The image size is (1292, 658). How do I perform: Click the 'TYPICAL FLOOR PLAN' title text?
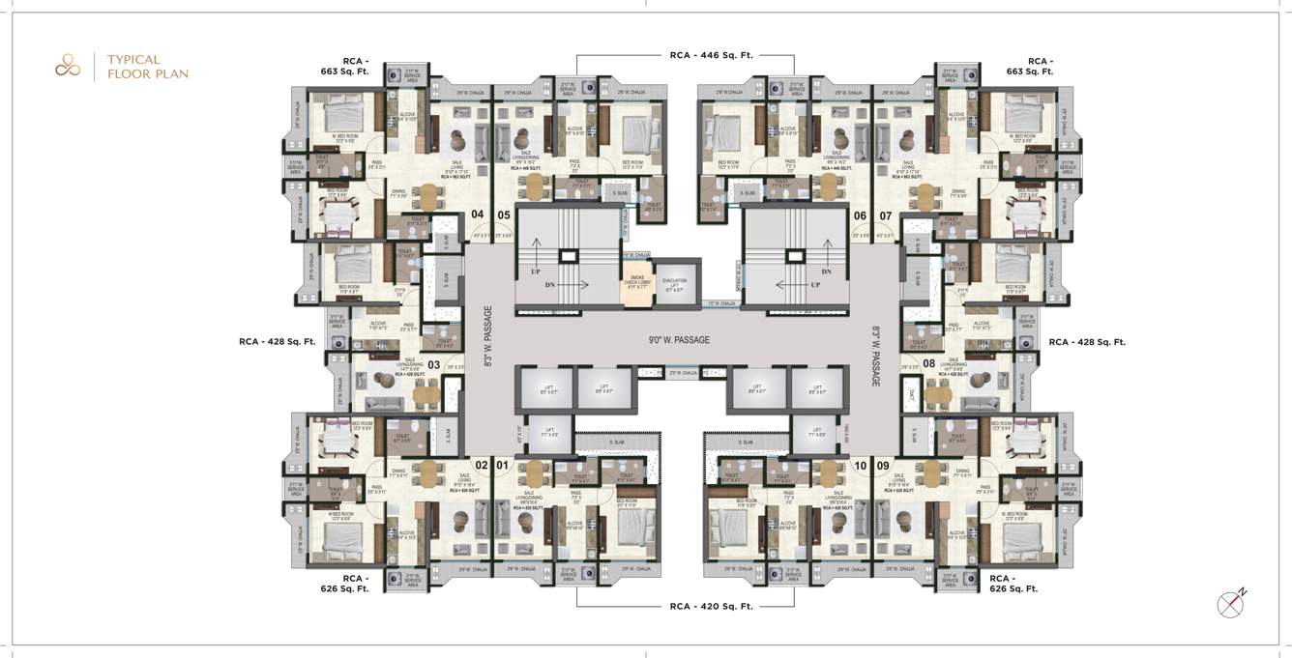pyautogui.click(x=147, y=66)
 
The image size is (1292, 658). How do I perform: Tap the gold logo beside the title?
pyautogui.click(x=67, y=66)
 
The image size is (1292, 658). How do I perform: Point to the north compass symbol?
pyautogui.click(x=1231, y=603)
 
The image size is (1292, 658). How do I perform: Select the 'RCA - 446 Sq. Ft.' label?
pyautogui.click(x=711, y=55)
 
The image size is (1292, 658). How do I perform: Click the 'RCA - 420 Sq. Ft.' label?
pyautogui.click(x=711, y=607)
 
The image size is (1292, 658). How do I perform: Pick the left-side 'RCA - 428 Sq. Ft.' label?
pyautogui.click(x=278, y=341)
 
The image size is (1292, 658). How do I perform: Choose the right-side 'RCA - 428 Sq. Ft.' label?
pyautogui.click(x=1087, y=341)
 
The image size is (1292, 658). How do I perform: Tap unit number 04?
pyautogui.click(x=477, y=215)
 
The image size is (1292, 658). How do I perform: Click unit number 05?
pyautogui.click(x=504, y=215)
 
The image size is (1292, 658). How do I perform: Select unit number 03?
pyautogui.click(x=434, y=365)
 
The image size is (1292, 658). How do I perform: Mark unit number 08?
pyautogui.click(x=928, y=364)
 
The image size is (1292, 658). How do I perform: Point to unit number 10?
pyautogui.click(x=860, y=465)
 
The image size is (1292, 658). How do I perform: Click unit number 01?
pyautogui.click(x=502, y=465)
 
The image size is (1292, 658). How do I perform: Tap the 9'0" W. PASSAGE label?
pyautogui.click(x=679, y=340)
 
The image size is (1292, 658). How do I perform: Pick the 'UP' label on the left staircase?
pyautogui.click(x=535, y=272)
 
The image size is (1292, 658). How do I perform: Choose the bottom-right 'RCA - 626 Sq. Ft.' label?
pyautogui.click(x=1013, y=583)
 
